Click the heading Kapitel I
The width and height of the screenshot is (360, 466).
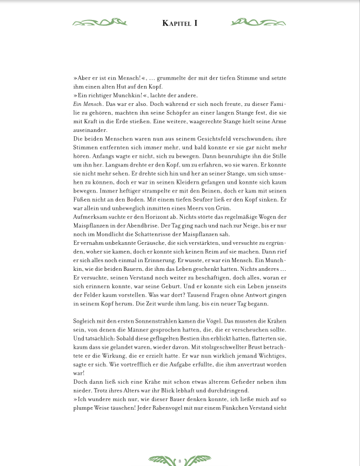pos(180,23)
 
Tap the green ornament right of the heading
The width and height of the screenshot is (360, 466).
pos(258,23)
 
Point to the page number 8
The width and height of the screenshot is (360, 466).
pos(179,461)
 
